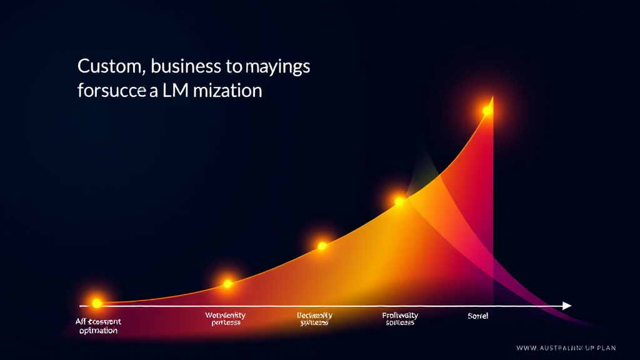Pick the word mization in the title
tap(229, 91)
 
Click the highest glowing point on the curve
tap(487, 111)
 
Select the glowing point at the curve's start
tap(96, 303)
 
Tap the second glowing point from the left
tap(227, 284)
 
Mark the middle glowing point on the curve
tap(322, 246)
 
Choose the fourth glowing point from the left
tap(399, 201)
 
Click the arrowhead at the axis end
tap(567, 306)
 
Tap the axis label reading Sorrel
tap(477, 316)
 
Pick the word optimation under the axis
tap(99, 331)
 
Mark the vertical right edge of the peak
tap(493, 200)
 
